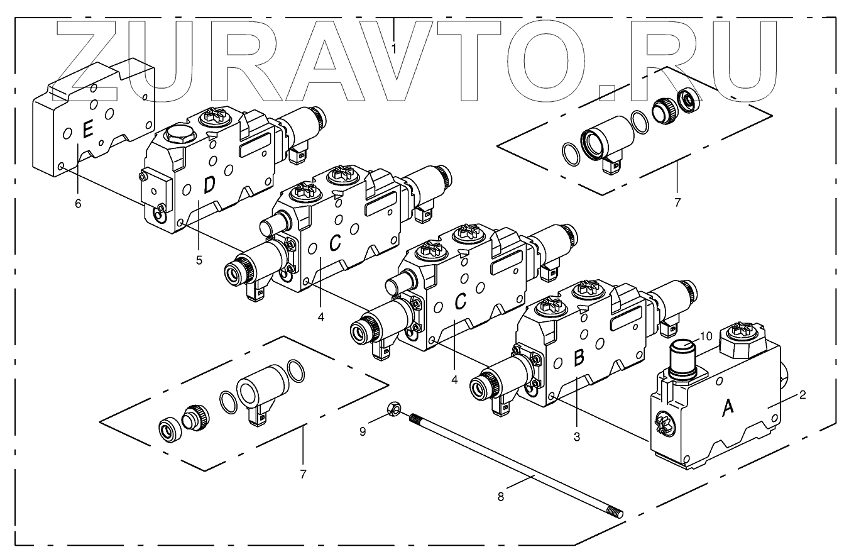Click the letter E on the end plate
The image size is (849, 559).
coord(88,131)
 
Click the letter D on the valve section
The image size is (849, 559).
coord(209,184)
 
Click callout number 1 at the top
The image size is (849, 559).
coord(394,48)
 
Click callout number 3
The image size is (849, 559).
coord(577,435)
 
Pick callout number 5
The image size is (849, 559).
coord(199,260)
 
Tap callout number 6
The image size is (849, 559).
coord(78,203)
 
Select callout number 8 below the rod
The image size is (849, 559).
coord(500,497)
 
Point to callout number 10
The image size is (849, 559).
coord(705,336)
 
